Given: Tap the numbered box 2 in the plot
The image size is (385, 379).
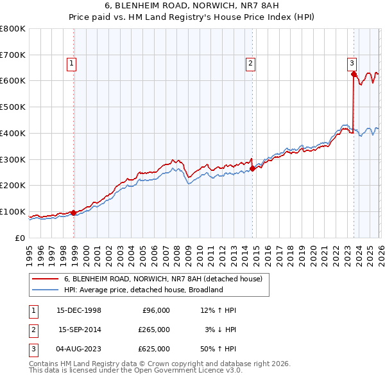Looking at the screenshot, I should pos(250,63).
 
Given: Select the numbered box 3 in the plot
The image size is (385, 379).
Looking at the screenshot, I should pos(352,63).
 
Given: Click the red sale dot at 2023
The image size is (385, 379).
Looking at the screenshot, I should pos(354,75).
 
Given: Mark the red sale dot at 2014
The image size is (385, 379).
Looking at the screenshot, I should pos(252,168).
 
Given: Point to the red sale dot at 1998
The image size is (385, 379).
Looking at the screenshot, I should pos(73,213).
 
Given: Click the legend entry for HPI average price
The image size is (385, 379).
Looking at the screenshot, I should pos(143,290).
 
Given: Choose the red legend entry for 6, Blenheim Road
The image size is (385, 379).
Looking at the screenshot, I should pos(163,279).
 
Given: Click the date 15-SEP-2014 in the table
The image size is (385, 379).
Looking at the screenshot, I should pos(79,330).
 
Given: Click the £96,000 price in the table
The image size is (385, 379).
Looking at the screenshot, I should pos(156,310).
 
